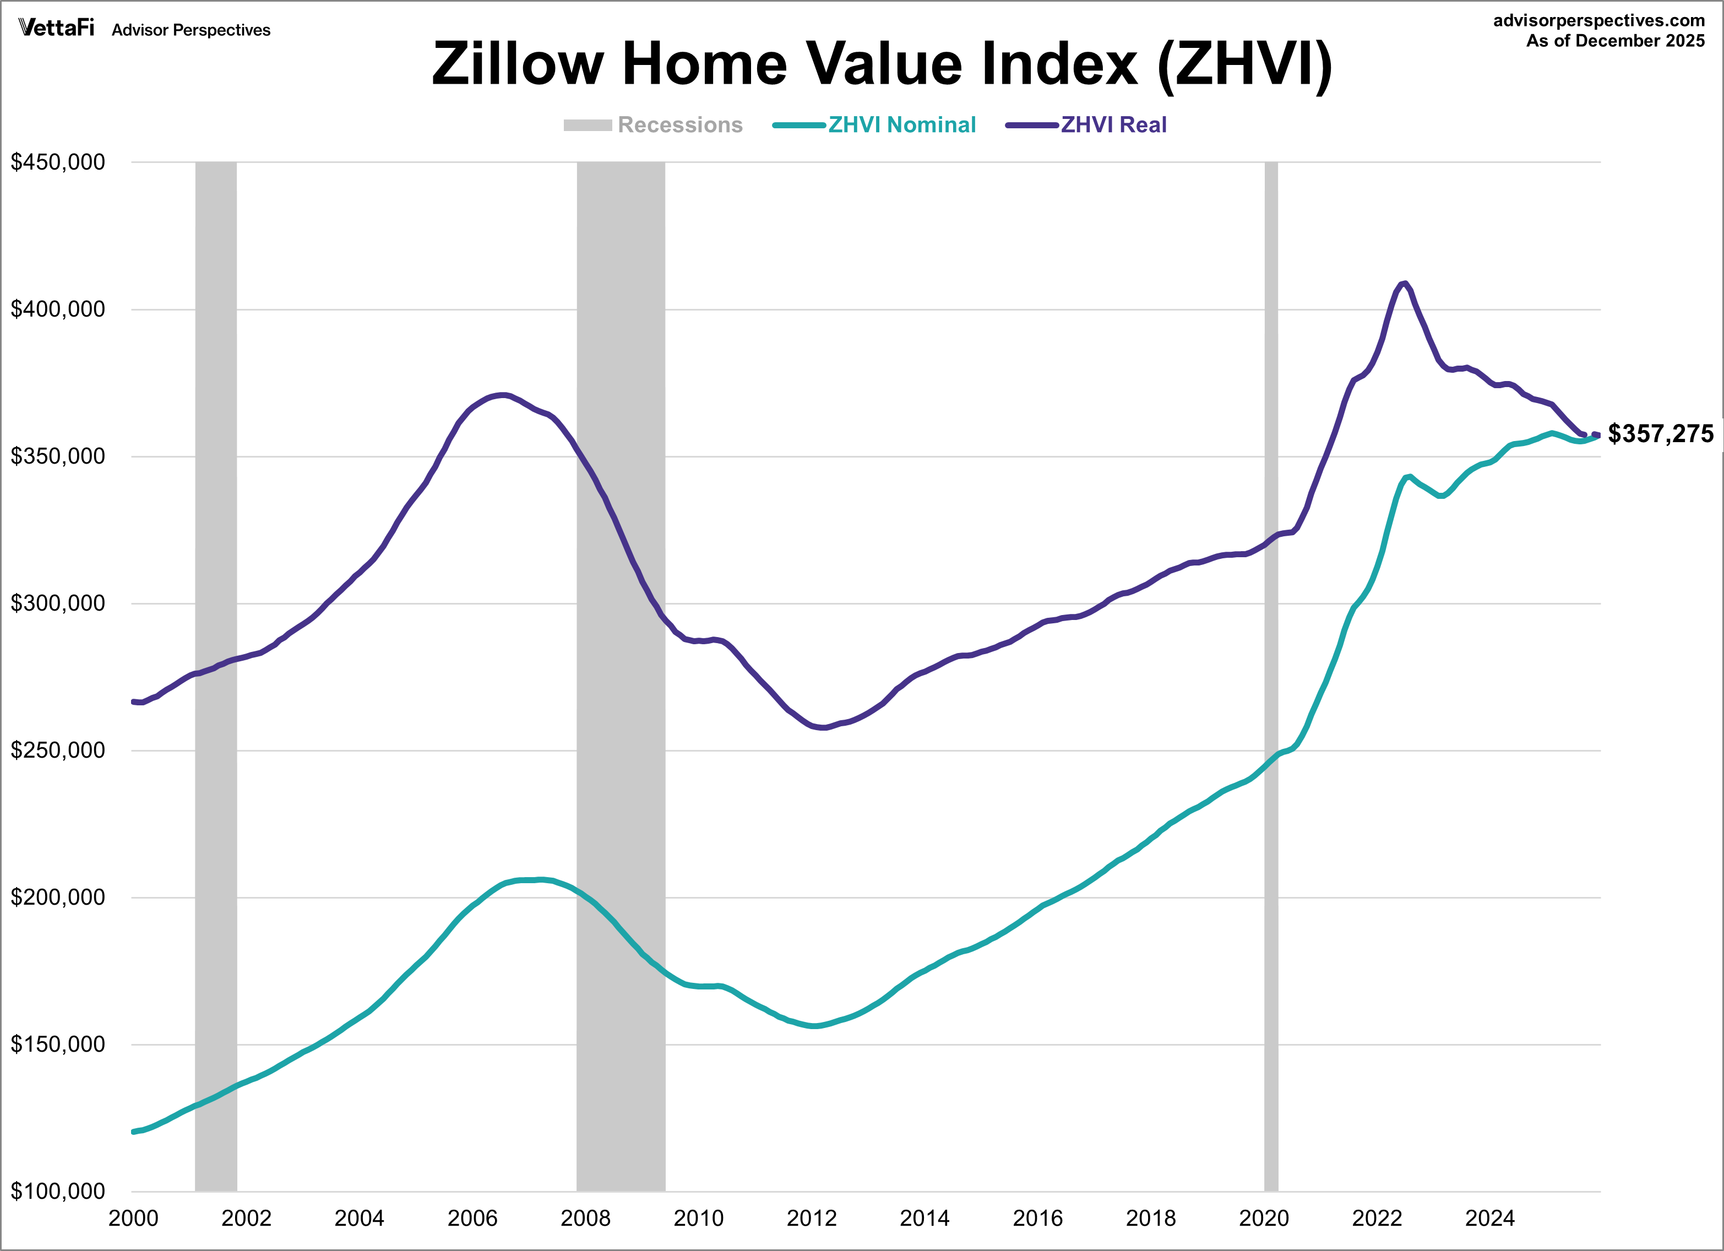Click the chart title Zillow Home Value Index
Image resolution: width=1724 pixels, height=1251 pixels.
882,64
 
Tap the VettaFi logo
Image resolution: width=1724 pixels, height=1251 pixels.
56,28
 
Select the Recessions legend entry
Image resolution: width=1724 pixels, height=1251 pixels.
654,124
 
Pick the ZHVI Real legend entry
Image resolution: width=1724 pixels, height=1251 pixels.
1087,124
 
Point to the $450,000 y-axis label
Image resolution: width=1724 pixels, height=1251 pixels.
58,162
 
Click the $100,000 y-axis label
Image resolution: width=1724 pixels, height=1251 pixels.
58,1191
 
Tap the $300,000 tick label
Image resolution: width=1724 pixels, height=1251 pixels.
58,603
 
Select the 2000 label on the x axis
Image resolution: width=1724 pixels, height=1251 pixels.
133,1219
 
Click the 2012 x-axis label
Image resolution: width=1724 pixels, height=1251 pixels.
811,1219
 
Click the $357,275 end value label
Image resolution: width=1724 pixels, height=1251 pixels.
1660,434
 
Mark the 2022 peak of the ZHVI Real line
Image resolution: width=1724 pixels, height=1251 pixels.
1404,284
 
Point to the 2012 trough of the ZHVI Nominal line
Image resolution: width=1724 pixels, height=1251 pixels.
814,1026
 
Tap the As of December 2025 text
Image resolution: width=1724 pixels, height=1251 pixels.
1616,41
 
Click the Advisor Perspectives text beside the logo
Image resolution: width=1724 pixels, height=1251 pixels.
191,30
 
